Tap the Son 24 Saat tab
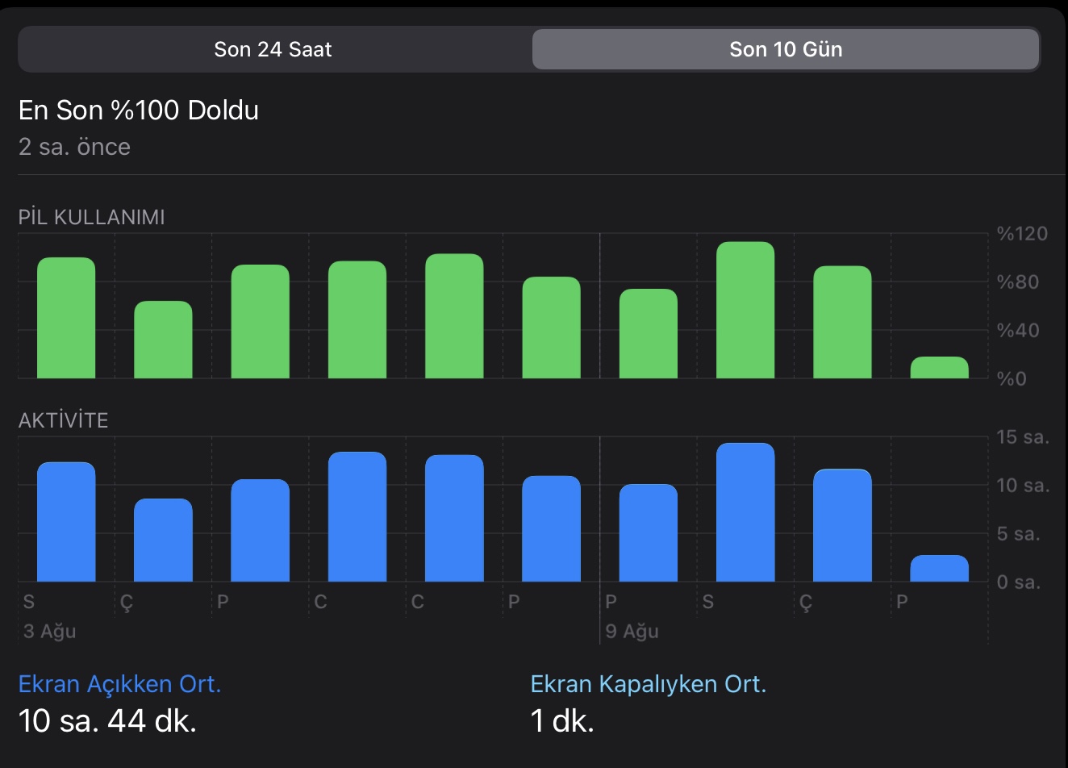[x=273, y=49]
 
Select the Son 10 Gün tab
[x=786, y=49]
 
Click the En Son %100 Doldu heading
[x=139, y=110]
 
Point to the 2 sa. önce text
[x=74, y=147]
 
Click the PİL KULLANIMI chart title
[x=91, y=217]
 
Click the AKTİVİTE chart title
[x=63, y=420]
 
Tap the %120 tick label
[x=1022, y=234]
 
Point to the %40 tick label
[x=1018, y=330]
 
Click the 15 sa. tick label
[x=1023, y=437]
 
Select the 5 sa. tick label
[x=1018, y=534]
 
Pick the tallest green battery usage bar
[x=745, y=310]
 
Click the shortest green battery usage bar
[x=939, y=368]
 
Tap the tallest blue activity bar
[x=745, y=512]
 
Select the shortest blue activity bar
[x=939, y=569]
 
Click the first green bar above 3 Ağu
[x=66, y=318]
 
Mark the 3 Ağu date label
[x=49, y=631]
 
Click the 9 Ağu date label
[x=632, y=631]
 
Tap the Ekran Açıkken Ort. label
[x=119, y=684]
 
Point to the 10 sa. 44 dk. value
[x=107, y=720]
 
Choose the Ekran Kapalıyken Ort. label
[x=648, y=684]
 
